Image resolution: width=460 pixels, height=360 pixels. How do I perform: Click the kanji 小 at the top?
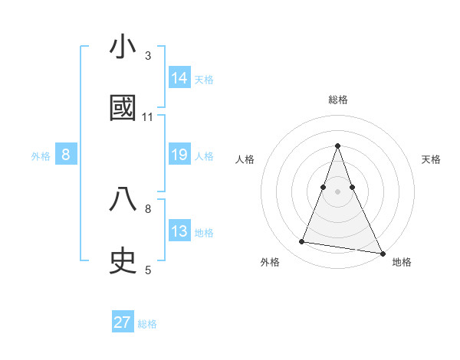click(123, 47)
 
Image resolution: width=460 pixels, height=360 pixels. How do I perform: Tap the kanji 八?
click(123, 199)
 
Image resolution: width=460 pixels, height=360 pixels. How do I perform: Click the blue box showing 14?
click(179, 77)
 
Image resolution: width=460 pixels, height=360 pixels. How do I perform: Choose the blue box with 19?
click(179, 155)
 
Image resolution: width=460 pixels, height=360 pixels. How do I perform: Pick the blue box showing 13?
click(179, 231)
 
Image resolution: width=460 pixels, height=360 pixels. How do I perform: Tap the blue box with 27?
click(123, 322)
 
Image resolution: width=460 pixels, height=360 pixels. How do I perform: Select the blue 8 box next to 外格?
click(66, 155)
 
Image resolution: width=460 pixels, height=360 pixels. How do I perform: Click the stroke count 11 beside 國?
click(148, 117)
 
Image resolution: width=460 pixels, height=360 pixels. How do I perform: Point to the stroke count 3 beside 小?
click(148, 56)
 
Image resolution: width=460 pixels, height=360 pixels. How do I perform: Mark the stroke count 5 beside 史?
click(148, 270)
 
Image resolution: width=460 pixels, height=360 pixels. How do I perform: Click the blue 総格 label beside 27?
click(147, 324)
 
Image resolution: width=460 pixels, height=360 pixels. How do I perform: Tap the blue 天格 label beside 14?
click(204, 79)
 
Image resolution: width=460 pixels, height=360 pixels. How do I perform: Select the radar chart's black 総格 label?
click(337, 100)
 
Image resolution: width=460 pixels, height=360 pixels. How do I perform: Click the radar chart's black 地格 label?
click(402, 263)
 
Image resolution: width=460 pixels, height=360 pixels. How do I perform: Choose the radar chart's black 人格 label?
click(245, 159)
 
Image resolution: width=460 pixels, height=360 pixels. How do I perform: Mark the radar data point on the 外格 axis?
click(301, 242)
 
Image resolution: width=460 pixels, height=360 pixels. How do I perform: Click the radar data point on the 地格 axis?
click(382, 251)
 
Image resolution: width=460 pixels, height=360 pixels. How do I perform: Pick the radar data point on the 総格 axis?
click(337, 146)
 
